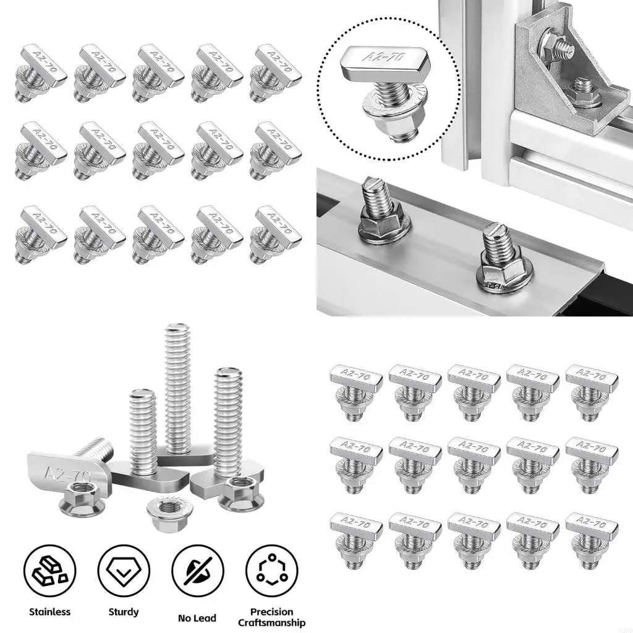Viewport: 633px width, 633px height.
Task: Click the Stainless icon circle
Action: pyautogui.click(x=49, y=572)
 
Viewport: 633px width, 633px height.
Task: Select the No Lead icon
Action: pyautogui.click(x=198, y=572)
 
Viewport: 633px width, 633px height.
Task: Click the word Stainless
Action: pyautogui.click(x=49, y=612)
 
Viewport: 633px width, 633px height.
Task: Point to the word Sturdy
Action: pyautogui.click(x=124, y=612)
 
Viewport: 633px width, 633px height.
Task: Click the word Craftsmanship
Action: pyautogui.click(x=271, y=622)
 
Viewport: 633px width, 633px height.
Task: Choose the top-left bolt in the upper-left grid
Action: pyautogui.click(x=38, y=72)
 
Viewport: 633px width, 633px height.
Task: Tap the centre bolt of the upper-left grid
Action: pyautogui.click(x=156, y=149)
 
